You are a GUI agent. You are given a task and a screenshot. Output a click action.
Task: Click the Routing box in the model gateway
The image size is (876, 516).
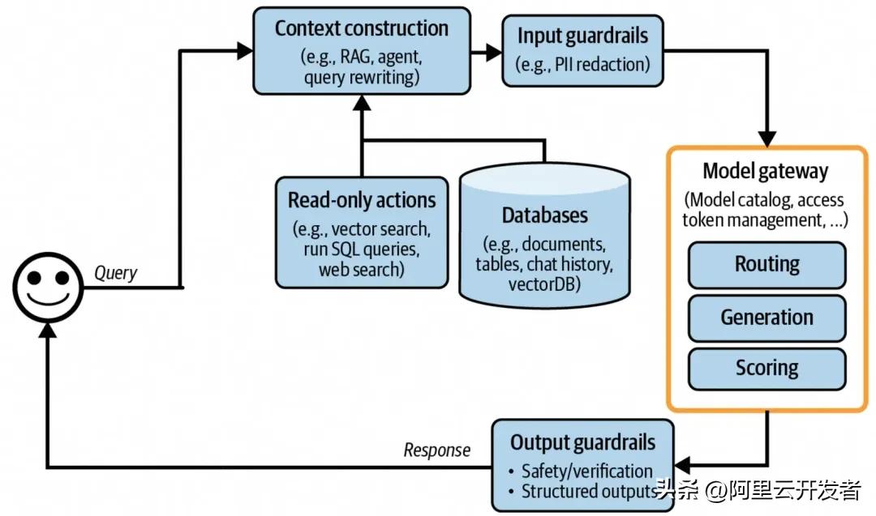[766, 265]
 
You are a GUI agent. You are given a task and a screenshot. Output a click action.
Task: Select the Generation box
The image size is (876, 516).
[766, 317]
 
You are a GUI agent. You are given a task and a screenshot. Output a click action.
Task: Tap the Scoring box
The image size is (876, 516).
[766, 368]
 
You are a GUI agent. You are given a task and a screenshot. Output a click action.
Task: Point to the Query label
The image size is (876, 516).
[115, 273]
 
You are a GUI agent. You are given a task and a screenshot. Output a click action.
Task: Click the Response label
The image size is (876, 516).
[436, 450]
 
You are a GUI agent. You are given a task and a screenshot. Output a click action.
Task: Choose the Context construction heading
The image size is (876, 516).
[361, 28]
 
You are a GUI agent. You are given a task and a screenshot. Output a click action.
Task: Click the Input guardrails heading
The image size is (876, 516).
[582, 36]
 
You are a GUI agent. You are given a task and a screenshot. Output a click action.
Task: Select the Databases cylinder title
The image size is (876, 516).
[544, 215]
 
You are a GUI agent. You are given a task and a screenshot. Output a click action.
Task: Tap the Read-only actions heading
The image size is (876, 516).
[362, 199]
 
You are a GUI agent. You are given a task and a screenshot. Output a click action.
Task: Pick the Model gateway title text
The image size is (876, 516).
[766, 171]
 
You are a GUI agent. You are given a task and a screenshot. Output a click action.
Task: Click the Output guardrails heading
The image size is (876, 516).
[582, 442]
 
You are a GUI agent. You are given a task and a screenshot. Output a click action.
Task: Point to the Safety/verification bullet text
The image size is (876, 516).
[586, 471]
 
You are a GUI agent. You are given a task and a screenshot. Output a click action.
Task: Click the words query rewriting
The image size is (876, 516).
[361, 77]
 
